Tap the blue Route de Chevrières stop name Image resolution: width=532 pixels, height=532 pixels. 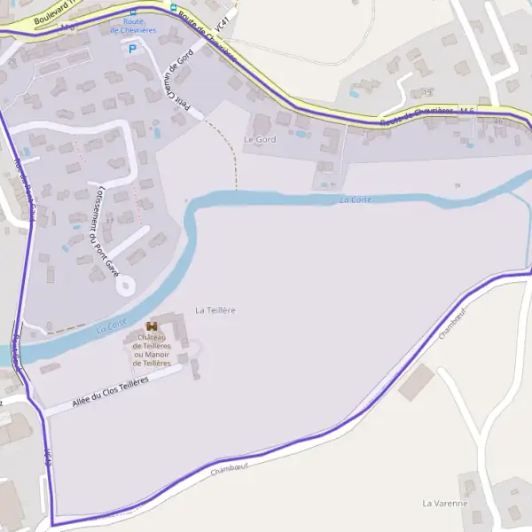click(x=133, y=26)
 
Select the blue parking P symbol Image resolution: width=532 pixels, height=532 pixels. click(x=133, y=49)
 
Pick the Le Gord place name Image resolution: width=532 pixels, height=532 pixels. click(x=260, y=140)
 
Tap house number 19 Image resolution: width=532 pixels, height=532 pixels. click(x=427, y=91)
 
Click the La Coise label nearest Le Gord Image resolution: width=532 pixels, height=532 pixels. click(x=355, y=199)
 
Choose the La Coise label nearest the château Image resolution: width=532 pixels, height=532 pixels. click(x=112, y=325)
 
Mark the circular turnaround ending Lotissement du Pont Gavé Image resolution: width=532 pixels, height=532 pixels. click(x=125, y=285)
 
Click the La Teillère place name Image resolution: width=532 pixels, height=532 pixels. click(x=215, y=310)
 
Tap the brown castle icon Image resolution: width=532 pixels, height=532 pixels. click(x=151, y=326)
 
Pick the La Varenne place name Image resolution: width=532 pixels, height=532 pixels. click(x=444, y=504)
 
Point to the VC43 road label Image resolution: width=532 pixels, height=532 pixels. click(x=47, y=457)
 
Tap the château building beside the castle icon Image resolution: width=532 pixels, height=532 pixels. click(x=178, y=332)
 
